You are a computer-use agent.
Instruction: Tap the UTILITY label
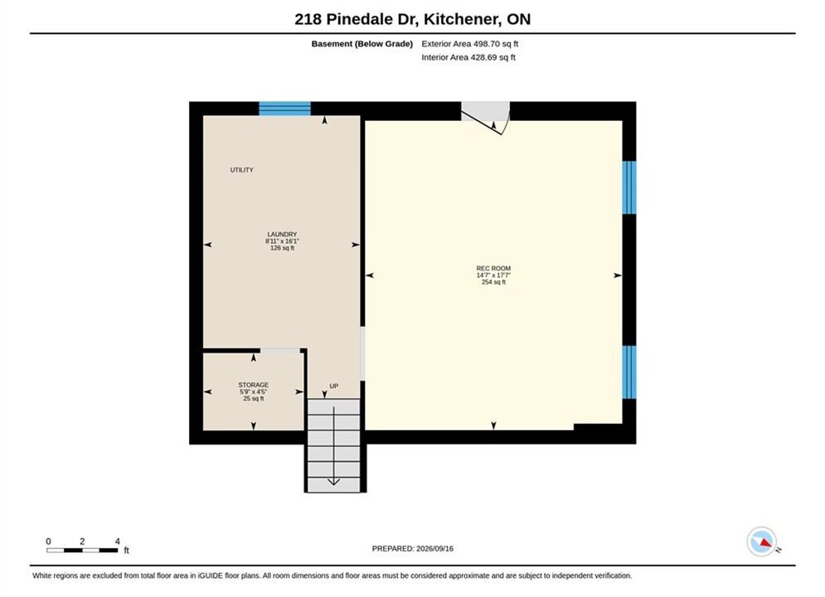pos(241,170)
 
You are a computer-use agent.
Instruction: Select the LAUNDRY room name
pos(282,234)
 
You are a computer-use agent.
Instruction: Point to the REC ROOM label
pos(493,269)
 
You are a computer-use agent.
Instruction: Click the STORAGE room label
pos(253,385)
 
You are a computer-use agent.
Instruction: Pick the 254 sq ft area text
pos(493,282)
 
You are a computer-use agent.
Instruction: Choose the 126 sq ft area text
pos(282,248)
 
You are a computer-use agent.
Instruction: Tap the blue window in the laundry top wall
pos(284,109)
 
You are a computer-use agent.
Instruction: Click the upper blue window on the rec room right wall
pos(629,187)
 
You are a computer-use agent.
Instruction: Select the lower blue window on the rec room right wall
pos(629,371)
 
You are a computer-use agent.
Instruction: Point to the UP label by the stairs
pos(333,386)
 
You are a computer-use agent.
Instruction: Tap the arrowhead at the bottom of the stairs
pos(333,481)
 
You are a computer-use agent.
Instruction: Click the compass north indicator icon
pos(762,541)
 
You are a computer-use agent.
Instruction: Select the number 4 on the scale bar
pos(118,541)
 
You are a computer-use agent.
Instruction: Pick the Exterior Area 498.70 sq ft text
pos(470,44)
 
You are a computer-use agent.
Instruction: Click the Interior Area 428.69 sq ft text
pos(468,57)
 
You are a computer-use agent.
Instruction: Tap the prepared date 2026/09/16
pos(434,549)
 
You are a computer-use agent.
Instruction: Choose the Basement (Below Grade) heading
pos(362,44)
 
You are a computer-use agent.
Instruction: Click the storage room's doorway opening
pos(280,351)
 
